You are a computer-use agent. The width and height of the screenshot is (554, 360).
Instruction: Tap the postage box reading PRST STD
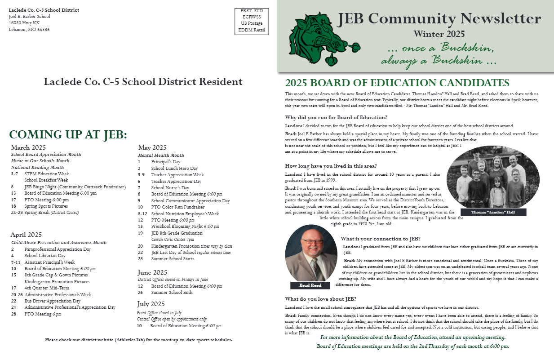(x=252, y=21)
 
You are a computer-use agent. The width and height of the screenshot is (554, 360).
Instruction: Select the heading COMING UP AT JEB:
(x=68, y=135)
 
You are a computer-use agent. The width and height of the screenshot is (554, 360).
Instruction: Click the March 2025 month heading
(x=28, y=147)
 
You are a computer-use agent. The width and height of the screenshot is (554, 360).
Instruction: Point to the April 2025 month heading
(x=27, y=235)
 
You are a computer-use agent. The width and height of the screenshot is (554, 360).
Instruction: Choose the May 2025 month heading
(x=152, y=147)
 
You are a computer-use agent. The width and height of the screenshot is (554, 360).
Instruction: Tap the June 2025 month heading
(x=152, y=272)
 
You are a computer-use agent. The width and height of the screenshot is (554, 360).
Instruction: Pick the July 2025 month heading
(x=151, y=304)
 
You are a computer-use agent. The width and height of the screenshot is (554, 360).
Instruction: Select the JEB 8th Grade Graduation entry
(x=177, y=233)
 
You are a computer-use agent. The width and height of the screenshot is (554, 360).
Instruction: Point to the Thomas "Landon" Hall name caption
(x=493, y=212)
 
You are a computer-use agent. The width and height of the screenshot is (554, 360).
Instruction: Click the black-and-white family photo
(x=493, y=176)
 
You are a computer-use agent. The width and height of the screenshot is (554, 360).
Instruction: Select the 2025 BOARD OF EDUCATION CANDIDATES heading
(x=397, y=83)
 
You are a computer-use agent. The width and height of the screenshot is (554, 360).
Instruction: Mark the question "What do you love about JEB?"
(x=321, y=299)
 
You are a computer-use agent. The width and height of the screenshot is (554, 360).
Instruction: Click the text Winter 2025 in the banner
(x=439, y=34)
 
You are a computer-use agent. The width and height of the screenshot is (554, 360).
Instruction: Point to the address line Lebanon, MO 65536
(x=29, y=30)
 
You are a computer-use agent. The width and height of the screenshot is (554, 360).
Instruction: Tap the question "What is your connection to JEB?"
(x=381, y=239)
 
